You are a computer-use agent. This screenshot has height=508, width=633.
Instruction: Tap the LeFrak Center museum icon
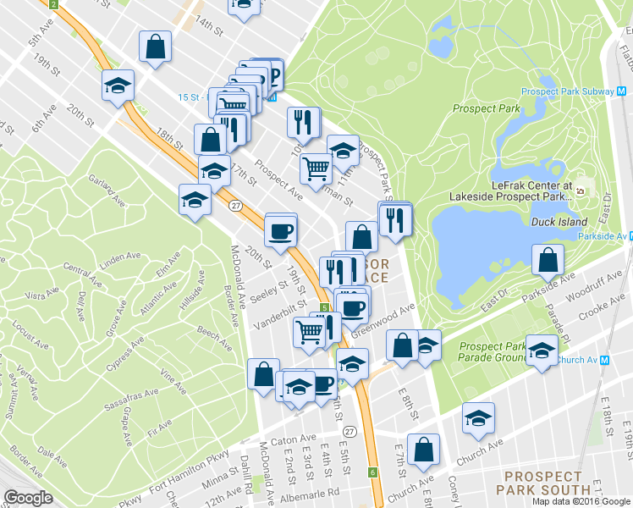click(581, 190)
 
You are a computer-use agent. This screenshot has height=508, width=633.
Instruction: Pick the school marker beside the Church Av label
click(540, 351)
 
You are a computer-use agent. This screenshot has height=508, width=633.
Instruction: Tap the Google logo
click(28, 498)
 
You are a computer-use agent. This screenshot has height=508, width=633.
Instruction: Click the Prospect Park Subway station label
click(570, 91)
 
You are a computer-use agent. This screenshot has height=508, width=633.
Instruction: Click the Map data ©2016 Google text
click(581, 501)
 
